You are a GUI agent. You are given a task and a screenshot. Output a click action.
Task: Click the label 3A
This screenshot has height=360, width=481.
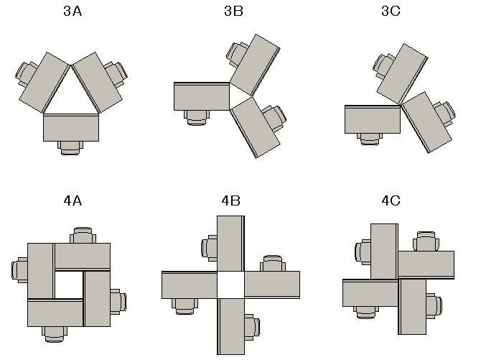(x=73, y=11)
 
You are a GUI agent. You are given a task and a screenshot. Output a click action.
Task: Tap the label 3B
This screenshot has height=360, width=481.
(x=233, y=11)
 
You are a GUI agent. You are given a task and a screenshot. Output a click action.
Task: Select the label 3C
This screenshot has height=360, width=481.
(x=391, y=11)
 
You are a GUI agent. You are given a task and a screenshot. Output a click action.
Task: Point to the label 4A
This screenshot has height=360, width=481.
(x=73, y=200)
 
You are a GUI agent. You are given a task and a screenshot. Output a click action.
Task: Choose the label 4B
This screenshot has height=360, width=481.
(x=230, y=200)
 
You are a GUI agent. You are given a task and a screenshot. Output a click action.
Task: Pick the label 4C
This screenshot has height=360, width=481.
(x=391, y=200)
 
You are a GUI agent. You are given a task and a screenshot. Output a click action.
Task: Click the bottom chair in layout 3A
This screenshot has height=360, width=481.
(x=70, y=148)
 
